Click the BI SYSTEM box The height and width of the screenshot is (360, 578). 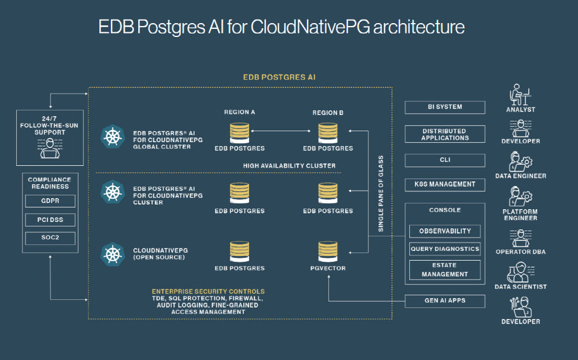click(445, 107)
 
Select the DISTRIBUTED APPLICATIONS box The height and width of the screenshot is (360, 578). click(445, 135)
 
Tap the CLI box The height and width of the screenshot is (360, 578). click(445, 160)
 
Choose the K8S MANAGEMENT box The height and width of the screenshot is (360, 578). click(445, 184)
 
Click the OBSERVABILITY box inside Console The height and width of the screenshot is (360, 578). click(445, 231)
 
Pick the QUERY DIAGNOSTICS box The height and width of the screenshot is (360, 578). click(445, 249)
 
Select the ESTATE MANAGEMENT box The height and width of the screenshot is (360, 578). click(445, 270)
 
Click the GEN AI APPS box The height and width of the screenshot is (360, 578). click(445, 301)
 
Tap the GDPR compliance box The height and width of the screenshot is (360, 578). click(50, 202)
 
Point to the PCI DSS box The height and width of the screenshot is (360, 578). click(50, 220)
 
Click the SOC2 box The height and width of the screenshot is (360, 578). click(50, 238)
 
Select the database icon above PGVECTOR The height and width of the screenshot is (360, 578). click(328, 251)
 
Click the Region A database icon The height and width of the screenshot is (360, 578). click(239, 132)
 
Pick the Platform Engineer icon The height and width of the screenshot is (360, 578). click(520, 197)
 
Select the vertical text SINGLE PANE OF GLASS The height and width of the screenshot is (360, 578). click(381, 194)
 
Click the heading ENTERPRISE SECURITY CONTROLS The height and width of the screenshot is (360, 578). click(208, 291)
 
